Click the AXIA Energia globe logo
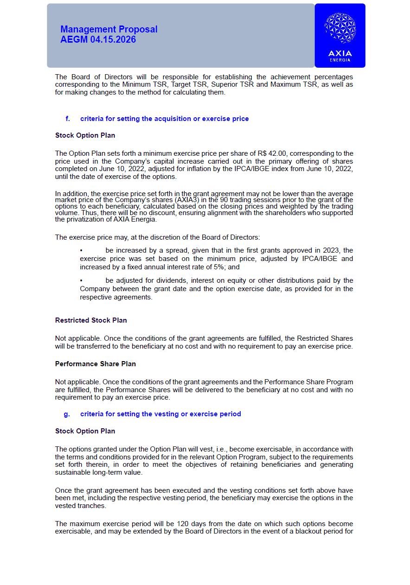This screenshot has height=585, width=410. coord(340,28)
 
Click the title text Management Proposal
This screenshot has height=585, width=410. coord(109,29)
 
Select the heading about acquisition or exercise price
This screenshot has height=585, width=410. coord(164,119)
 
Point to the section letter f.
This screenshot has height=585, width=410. coord(68,119)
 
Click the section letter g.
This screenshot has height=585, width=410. coord(67,414)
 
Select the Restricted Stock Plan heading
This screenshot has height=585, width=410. coord(91,320)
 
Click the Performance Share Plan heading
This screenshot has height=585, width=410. coord(96,364)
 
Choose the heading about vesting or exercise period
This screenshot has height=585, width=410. coord(160,414)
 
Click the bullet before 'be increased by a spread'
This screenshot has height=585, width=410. coord(81,250)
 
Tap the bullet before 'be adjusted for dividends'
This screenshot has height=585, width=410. coord(81,280)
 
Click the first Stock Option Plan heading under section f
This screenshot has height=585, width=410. coord(85,135)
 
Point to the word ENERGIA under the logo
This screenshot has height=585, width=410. coord(340,60)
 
